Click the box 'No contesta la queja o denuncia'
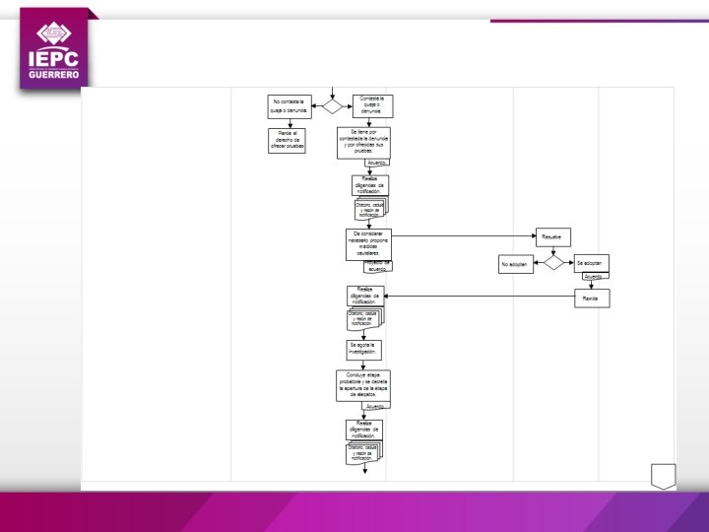(x=290, y=105)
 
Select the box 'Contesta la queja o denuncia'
(x=372, y=105)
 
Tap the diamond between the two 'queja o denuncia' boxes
(x=333, y=105)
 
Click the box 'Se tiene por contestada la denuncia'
(x=363, y=141)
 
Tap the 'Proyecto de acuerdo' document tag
(x=378, y=265)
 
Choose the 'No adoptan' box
(x=515, y=264)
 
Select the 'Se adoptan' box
(x=591, y=263)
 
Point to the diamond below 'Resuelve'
(x=553, y=263)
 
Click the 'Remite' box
(x=591, y=299)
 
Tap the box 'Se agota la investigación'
(x=363, y=348)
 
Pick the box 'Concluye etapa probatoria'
(x=363, y=385)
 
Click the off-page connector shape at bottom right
(x=663, y=475)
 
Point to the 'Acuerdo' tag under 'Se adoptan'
(x=593, y=277)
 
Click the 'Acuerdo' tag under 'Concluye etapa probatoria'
(x=375, y=406)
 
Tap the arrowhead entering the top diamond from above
(x=333, y=95)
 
